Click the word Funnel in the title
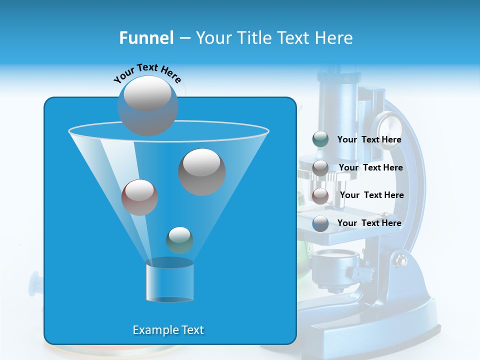(146, 38)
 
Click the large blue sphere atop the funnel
(147, 105)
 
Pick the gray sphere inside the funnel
(202, 172)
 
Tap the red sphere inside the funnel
(140, 197)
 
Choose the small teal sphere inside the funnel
(179, 240)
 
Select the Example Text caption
(168, 330)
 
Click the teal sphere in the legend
(320, 139)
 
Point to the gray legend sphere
(320, 168)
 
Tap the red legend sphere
(320, 195)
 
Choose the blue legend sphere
(320, 223)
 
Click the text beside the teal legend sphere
(369, 140)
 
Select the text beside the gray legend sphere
(371, 168)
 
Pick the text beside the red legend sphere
(372, 195)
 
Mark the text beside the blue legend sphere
(369, 223)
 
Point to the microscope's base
(370, 325)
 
